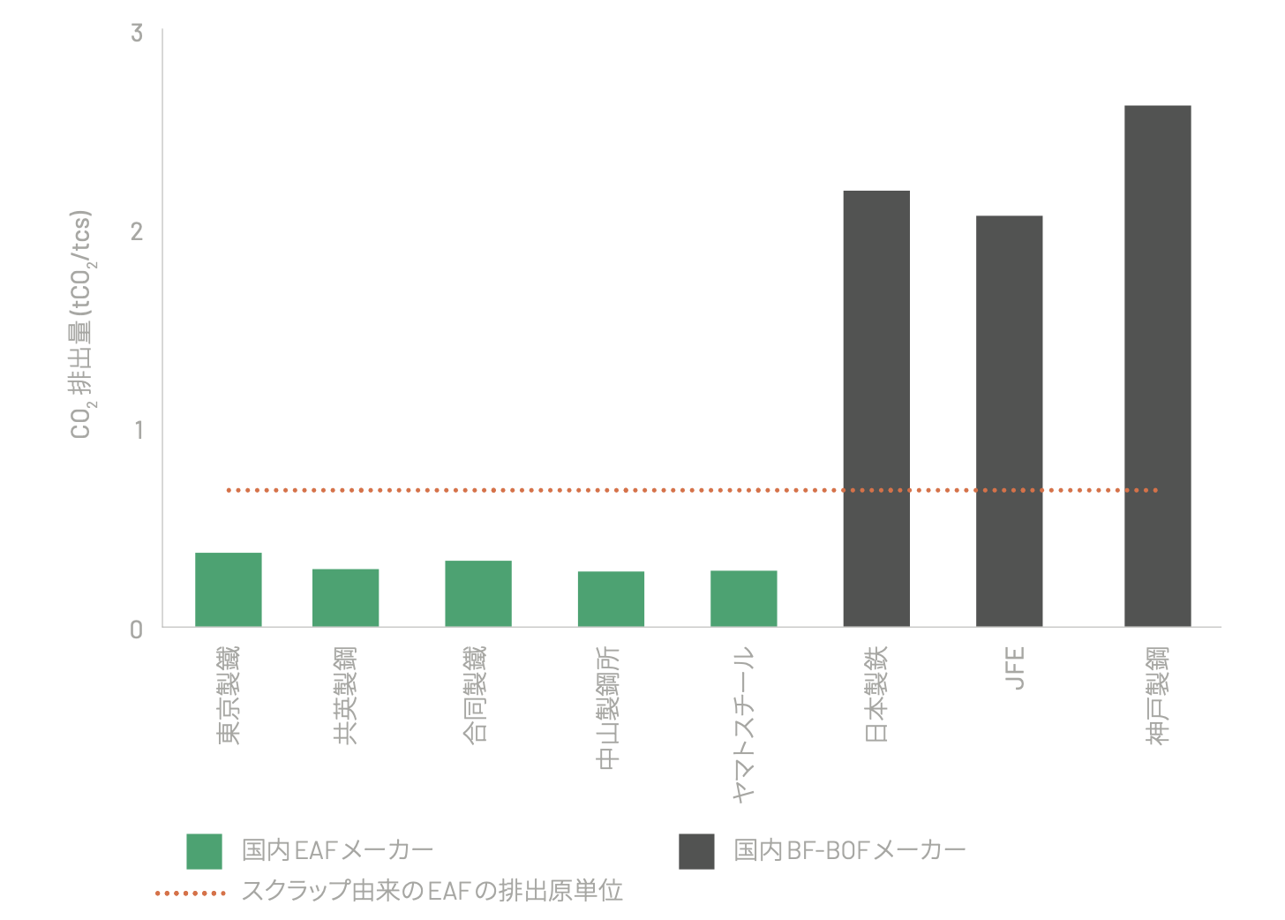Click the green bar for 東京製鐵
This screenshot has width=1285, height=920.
coord(228,590)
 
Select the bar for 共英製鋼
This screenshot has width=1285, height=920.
coord(345,598)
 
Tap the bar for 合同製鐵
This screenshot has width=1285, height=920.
coord(477,593)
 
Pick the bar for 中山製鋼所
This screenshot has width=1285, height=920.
coord(611,599)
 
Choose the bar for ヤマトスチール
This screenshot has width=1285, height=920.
coord(743,599)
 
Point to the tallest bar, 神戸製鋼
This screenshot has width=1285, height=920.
coord(1157,366)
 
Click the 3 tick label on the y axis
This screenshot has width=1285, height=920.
coord(137,34)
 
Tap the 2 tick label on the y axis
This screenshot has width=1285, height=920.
coord(137,231)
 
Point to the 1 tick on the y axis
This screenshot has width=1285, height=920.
coord(138,430)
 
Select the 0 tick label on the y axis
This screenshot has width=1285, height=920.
coord(137,630)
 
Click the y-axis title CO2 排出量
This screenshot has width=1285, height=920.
coord(82,325)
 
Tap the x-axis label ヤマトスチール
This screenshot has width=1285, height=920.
coord(744,724)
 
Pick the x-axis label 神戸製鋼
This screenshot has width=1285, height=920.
coord(1157,695)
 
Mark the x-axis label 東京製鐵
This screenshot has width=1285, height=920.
coord(228,695)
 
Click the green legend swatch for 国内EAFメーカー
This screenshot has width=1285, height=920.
coord(204,851)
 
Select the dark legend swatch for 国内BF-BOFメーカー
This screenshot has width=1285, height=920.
coord(696,851)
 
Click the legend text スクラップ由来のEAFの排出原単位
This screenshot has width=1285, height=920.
coord(432,891)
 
